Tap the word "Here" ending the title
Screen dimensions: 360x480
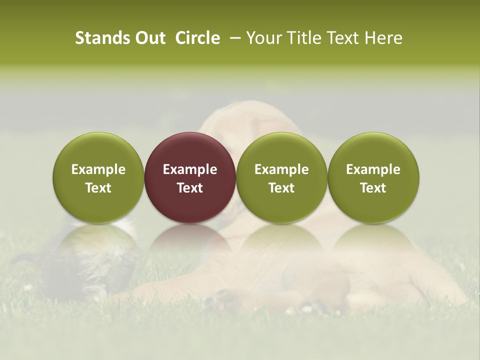point(383,38)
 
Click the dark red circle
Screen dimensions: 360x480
point(190,155)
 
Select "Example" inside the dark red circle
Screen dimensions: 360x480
point(190,169)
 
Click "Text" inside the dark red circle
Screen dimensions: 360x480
point(190,188)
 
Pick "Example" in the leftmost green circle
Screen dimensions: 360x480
point(98,169)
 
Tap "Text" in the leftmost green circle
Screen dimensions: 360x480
point(98,188)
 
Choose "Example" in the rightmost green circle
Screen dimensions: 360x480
point(373,169)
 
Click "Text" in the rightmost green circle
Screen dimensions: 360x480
point(373,188)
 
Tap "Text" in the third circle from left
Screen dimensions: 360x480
point(281,188)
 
